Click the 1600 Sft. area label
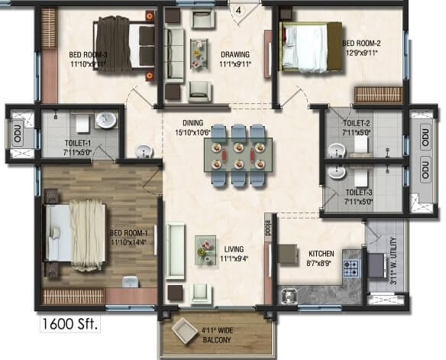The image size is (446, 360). pyautogui.click(x=69, y=323)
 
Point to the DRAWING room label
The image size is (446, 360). pyautogui.click(x=236, y=60)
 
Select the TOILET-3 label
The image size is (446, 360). pyautogui.click(x=358, y=198)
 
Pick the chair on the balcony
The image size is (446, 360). pyautogui.click(x=185, y=330)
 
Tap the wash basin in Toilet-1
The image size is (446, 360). pyautogui.click(x=105, y=121)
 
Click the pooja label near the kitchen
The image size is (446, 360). pyautogui.click(x=268, y=228)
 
